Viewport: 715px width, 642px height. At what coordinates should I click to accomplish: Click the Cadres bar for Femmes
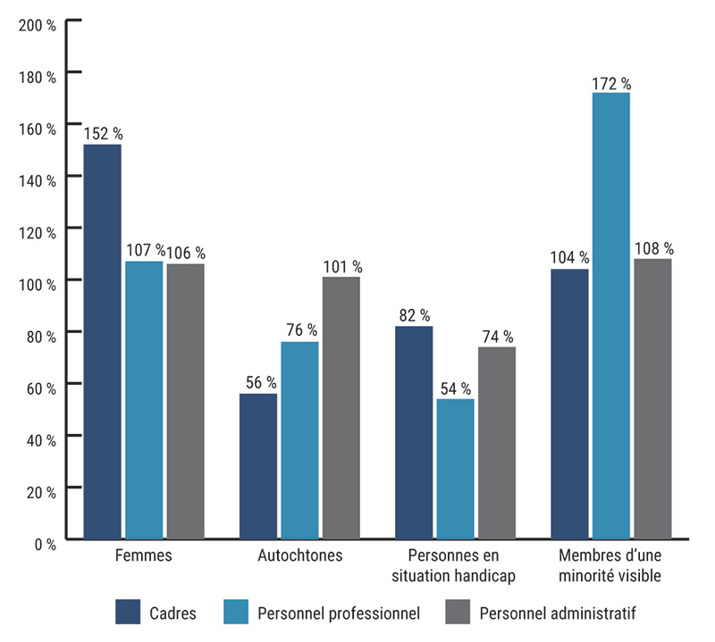tap(102, 341)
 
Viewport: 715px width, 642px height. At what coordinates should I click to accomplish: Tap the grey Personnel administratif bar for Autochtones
tap(341, 407)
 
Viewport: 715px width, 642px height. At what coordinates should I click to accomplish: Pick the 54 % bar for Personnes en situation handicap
tap(455, 469)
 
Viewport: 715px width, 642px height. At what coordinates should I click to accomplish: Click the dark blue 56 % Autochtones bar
tap(257, 466)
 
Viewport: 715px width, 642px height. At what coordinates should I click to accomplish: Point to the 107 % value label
tap(146, 249)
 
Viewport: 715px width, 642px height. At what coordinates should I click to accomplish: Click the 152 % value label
tap(103, 133)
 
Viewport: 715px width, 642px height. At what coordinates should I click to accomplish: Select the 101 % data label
tap(343, 266)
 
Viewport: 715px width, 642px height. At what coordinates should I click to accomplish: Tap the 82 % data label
tap(413, 315)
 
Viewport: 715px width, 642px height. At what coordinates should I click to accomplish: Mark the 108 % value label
tap(654, 247)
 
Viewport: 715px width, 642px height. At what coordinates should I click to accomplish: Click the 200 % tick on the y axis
tap(38, 25)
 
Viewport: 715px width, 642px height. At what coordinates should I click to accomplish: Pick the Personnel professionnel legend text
tap(338, 613)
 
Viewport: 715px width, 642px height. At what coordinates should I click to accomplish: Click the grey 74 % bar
tap(496, 442)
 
